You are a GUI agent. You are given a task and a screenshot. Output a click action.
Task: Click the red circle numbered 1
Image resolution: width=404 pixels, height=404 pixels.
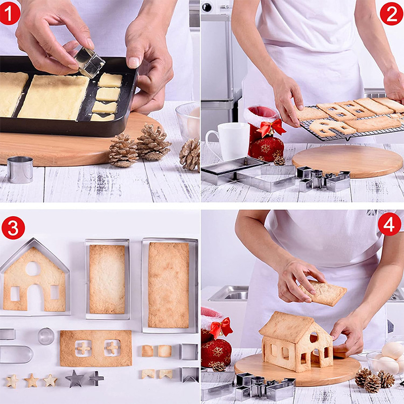[10, 14]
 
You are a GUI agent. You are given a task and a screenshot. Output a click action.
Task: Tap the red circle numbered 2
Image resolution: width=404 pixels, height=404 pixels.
[391, 14]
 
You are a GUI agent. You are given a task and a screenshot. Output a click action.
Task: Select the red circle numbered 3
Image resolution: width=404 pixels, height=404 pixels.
[13, 228]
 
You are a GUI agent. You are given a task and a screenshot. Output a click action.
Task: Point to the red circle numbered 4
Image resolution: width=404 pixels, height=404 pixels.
[389, 224]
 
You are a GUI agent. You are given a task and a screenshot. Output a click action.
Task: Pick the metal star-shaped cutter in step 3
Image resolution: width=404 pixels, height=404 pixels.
[75, 378]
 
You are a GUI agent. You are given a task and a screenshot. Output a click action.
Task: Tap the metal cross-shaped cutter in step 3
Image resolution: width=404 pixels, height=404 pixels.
[96, 378]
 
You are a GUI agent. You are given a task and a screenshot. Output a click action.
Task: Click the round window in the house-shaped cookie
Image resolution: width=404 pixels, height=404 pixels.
[33, 269]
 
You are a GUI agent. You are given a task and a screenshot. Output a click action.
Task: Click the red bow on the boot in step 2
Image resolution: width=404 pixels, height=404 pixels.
[272, 128]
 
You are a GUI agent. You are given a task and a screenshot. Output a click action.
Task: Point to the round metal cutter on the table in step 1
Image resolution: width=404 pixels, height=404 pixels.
[20, 170]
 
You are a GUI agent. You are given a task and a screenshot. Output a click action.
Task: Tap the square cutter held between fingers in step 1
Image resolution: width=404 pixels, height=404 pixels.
[90, 62]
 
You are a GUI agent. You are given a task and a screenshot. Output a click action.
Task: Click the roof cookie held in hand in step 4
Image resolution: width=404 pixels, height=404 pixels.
[323, 293]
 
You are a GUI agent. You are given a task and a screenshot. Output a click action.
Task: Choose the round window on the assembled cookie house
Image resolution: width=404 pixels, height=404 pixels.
[314, 337]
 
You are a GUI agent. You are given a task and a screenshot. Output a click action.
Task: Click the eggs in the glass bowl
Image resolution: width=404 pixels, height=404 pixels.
[390, 359]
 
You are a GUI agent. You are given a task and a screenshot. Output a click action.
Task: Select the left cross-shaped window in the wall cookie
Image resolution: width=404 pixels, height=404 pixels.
[83, 348]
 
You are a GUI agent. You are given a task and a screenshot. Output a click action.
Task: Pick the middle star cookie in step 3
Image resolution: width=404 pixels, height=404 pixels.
[31, 380]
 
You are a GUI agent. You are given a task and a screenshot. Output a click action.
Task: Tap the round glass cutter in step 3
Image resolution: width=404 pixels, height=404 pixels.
[46, 336]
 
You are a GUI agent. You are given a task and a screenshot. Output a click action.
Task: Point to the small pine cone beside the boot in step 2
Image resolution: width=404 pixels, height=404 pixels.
[279, 161]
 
